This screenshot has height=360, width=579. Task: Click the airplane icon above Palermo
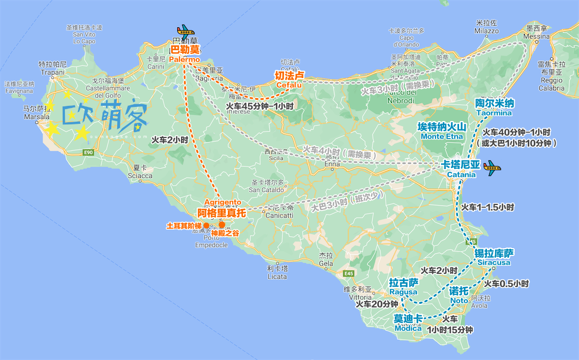point(185,30)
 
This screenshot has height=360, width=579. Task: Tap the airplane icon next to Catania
point(492,166)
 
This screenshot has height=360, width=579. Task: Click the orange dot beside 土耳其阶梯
point(206,225)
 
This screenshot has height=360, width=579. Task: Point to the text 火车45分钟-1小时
point(258,106)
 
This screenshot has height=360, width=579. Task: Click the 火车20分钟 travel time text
point(377,304)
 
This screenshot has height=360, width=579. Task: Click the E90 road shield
point(89,153)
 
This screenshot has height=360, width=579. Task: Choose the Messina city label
point(536,37)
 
